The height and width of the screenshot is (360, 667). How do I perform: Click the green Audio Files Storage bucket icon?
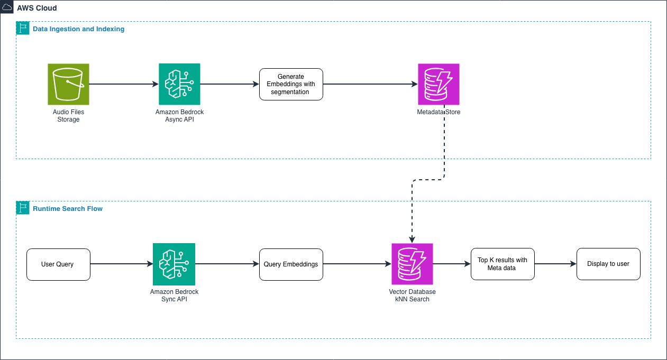pyautogui.click(x=68, y=84)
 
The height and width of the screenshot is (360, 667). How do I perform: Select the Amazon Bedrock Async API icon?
pyautogui.click(x=179, y=84)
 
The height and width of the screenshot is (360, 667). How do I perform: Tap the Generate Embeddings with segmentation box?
pyautogui.click(x=291, y=84)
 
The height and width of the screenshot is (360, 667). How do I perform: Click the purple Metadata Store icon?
pyautogui.click(x=438, y=84)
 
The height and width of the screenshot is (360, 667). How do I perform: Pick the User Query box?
pyautogui.click(x=58, y=264)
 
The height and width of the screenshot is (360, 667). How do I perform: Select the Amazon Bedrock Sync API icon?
pyautogui.click(x=174, y=264)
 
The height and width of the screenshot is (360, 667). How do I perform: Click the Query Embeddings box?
pyautogui.click(x=291, y=264)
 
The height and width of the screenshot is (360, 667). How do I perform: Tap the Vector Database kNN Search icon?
pyautogui.click(x=412, y=264)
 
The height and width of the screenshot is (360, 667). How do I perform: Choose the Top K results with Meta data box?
pyautogui.click(x=502, y=264)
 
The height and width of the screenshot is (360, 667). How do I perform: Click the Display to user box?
pyautogui.click(x=608, y=264)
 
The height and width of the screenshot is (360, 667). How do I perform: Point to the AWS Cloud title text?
pyautogui.click(x=36, y=8)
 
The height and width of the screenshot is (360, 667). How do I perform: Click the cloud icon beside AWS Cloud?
pyautogui.click(x=7, y=7)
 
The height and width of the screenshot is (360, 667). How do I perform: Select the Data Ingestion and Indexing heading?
pyautogui.click(x=78, y=29)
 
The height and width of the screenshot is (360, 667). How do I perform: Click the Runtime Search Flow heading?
pyautogui.click(x=68, y=209)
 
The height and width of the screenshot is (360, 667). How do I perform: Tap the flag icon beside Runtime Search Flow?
pyautogui.click(x=23, y=208)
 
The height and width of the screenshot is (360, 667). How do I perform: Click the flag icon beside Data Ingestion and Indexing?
pyautogui.click(x=23, y=28)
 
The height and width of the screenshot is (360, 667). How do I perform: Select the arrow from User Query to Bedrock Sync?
pyautogui.click(x=121, y=264)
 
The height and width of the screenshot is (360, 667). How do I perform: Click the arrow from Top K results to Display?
pyautogui.click(x=555, y=264)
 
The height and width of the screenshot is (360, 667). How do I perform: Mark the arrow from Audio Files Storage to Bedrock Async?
pyautogui.click(x=124, y=84)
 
